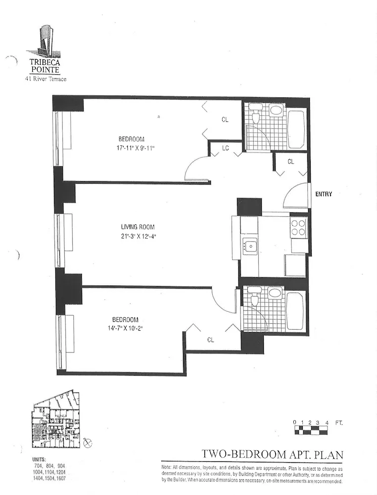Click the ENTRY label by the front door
click(x=324, y=194)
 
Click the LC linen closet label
click(x=226, y=148)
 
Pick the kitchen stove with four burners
click(x=298, y=227)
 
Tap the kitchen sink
click(x=249, y=245)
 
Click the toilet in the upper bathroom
click(x=256, y=116)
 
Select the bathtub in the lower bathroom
click(x=296, y=311)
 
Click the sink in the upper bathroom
click(x=275, y=110)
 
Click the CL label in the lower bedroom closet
click(x=210, y=340)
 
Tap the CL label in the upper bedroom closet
click(x=225, y=120)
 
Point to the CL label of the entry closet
click(x=291, y=161)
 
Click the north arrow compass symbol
click(x=88, y=442)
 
